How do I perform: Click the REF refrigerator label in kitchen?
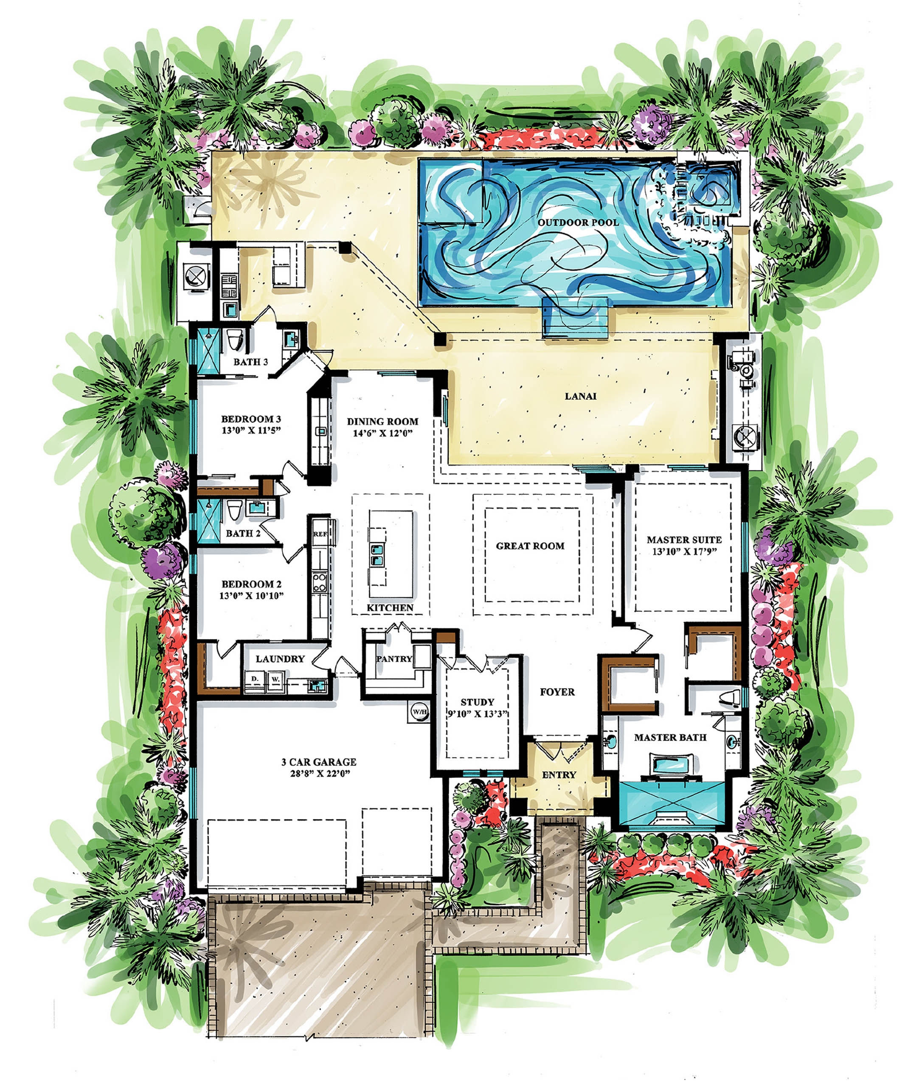point(320,534)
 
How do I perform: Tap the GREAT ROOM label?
point(530,546)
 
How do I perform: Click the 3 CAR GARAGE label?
point(319,762)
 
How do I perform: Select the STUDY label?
point(477,702)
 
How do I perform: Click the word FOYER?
point(557,692)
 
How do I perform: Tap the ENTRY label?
point(559,775)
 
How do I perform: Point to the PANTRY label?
point(394,659)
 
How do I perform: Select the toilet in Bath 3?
point(233,340)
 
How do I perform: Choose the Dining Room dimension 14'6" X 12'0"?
point(382,433)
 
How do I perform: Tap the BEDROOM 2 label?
point(251,584)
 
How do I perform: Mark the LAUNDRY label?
point(280,659)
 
